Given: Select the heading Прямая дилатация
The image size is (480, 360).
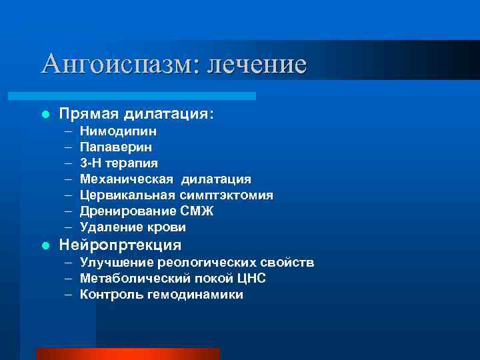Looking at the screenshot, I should tap(137, 114).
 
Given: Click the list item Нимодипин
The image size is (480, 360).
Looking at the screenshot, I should tap(119, 131).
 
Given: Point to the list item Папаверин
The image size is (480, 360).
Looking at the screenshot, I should tap(116, 147).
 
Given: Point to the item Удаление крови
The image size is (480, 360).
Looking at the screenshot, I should tap(133, 227).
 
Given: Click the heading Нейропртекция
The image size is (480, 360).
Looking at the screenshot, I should tap(120, 245).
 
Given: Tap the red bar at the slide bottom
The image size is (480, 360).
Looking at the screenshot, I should tap(128, 353).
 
